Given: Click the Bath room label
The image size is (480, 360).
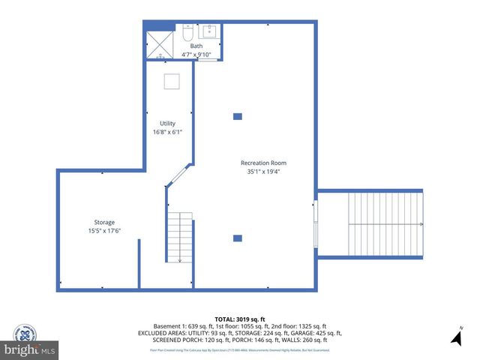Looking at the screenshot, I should (x=196, y=46).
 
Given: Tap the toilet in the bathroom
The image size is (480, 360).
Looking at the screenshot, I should (x=187, y=34).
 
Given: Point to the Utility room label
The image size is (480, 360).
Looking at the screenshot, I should (x=167, y=124).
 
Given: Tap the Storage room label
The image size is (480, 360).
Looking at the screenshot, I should (x=104, y=222).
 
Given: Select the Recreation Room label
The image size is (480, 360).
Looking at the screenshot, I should (x=263, y=163).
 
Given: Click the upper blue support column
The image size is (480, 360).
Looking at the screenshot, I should (x=238, y=116).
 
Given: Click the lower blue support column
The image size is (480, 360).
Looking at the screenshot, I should (x=238, y=238).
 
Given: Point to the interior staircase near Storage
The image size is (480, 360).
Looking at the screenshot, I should (x=180, y=236).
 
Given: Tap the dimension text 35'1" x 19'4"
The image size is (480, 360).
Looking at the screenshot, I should (x=263, y=171).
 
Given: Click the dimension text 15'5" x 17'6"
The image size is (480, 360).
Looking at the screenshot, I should (x=104, y=230).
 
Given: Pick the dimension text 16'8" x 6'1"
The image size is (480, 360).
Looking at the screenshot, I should (x=167, y=132).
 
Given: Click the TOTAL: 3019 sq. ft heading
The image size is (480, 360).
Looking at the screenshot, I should (x=239, y=318).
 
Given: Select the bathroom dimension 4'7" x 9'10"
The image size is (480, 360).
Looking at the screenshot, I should (x=196, y=54).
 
